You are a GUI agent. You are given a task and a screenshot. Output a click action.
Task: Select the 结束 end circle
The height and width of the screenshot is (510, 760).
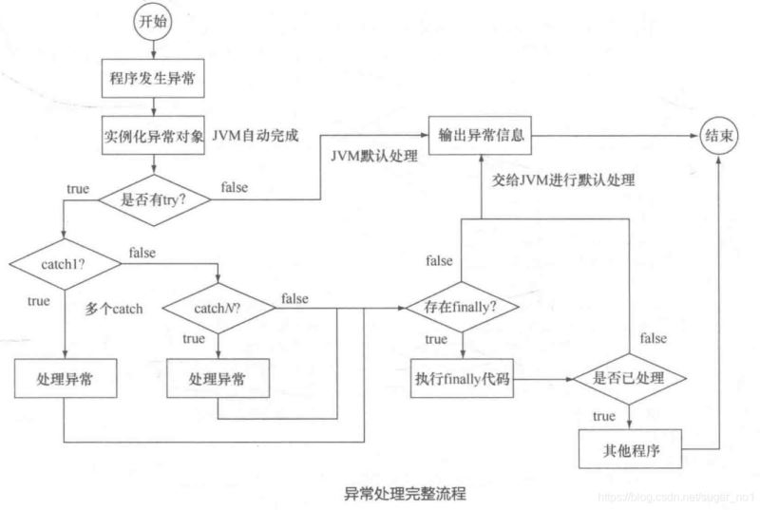[x=719, y=137]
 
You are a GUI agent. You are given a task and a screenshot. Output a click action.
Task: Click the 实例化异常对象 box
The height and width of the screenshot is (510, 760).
[x=154, y=135]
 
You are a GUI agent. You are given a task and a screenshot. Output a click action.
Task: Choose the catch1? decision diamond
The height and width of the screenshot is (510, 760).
[x=63, y=261]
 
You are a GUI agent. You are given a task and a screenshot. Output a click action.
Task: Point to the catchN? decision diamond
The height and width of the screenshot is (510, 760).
[x=218, y=309]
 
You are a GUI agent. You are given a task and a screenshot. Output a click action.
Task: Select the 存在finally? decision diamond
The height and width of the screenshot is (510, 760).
[x=462, y=309]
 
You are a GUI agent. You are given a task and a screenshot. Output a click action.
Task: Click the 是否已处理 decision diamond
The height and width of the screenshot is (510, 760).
[x=628, y=379]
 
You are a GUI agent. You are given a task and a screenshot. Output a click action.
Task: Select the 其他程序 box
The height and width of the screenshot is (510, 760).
[x=626, y=449]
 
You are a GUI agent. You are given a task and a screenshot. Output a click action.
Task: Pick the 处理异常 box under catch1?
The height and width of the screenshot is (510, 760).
[x=62, y=379]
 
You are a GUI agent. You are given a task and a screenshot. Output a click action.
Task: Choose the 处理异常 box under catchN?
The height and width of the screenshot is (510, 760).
[x=217, y=379]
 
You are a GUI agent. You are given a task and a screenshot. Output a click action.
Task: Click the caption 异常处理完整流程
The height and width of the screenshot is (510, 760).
[x=406, y=495]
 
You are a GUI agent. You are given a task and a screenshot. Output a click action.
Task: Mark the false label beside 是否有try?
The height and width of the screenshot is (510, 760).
[x=235, y=187]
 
